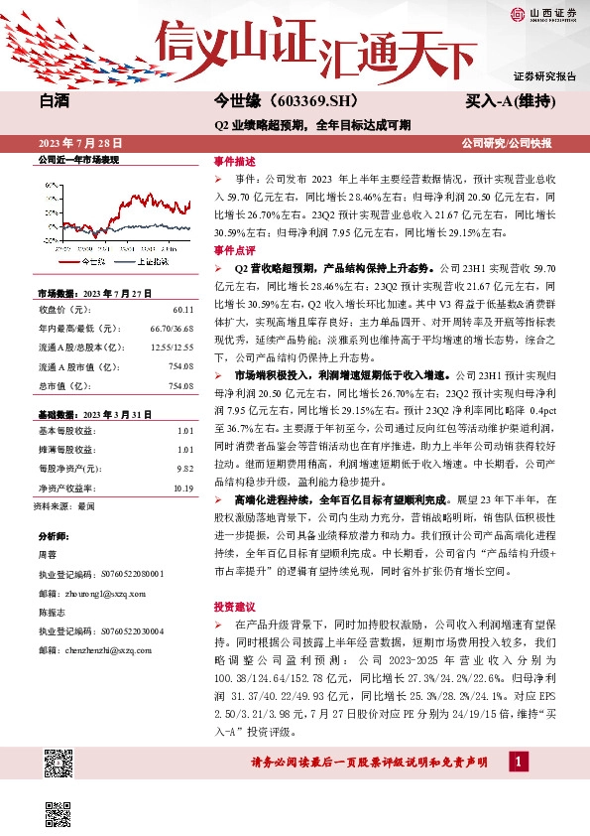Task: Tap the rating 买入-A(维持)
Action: tap(509, 102)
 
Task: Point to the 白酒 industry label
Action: tap(55, 102)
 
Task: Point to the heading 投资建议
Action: tap(234, 605)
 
